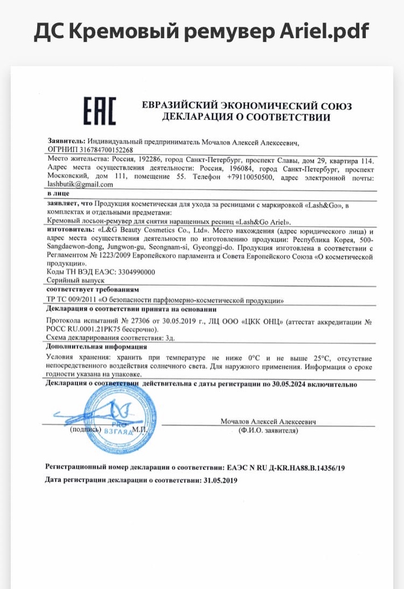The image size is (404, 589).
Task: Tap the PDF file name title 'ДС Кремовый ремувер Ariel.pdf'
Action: click(201, 32)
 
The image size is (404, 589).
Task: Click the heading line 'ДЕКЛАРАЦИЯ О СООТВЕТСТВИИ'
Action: click(246, 117)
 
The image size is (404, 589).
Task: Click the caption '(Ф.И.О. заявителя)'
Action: click(268, 430)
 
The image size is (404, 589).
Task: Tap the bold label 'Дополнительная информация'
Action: click(96, 346)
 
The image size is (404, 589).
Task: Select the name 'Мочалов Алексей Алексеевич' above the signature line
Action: click(268, 422)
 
